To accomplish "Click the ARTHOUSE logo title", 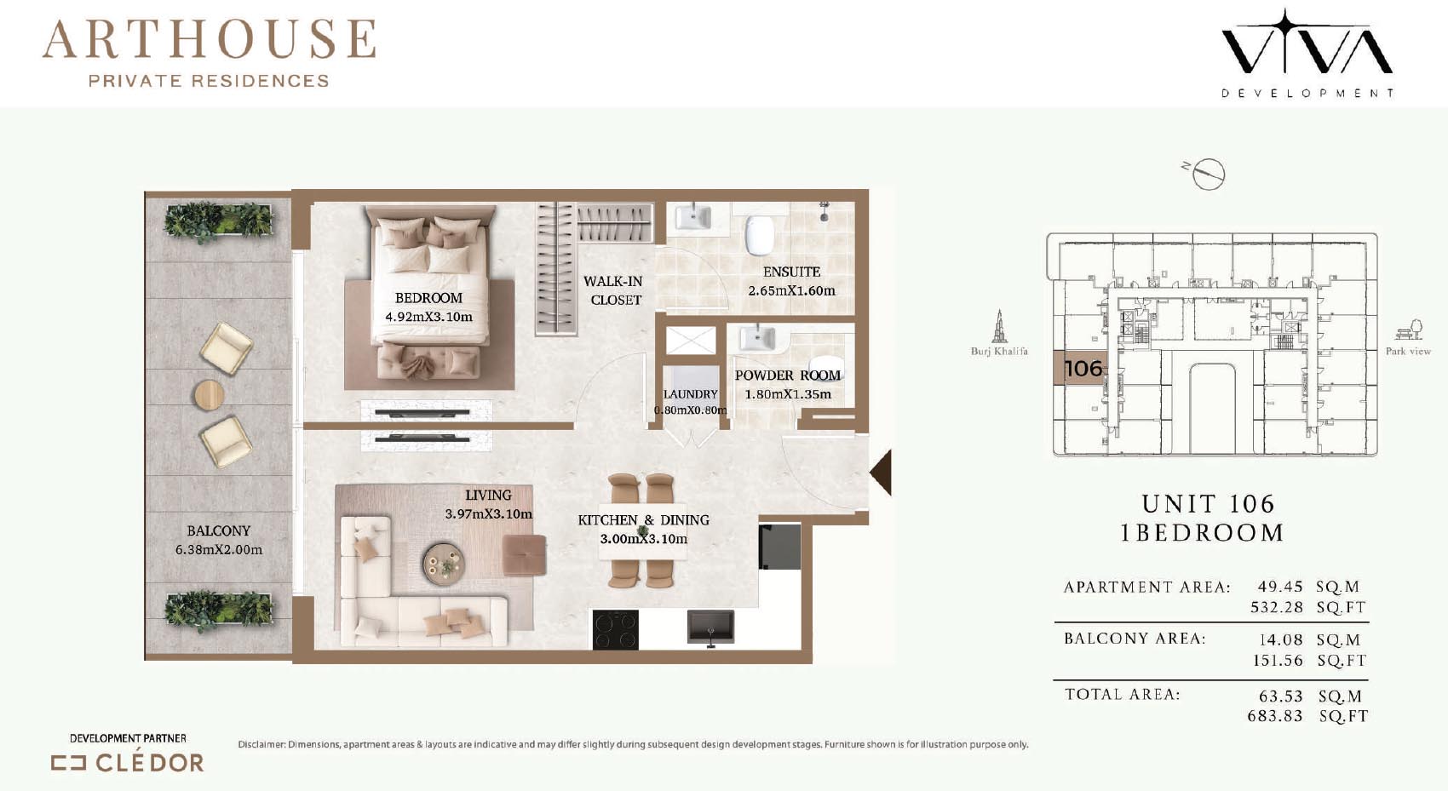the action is [x=209, y=39].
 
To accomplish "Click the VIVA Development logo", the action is [x=1307, y=53].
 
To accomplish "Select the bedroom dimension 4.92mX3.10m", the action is [x=428, y=317].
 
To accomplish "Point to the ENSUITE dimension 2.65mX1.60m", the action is [x=792, y=291].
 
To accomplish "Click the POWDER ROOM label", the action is [x=787, y=375].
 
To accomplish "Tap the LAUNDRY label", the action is [x=691, y=394].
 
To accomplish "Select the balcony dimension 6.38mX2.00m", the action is [x=219, y=550].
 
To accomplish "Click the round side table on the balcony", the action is [x=209, y=394].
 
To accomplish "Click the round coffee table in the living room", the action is [x=444, y=564].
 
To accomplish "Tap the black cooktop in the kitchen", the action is [x=615, y=629].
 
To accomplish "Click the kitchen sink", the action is [x=710, y=627].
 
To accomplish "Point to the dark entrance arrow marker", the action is [x=881, y=473].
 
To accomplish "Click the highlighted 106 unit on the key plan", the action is [x=1079, y=369].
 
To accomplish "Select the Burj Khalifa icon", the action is [x=999, y=326].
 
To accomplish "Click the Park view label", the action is [x=1408, y=352].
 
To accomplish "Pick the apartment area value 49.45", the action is [x=1280, y=587].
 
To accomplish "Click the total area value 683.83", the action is [x=1275, y=717].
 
